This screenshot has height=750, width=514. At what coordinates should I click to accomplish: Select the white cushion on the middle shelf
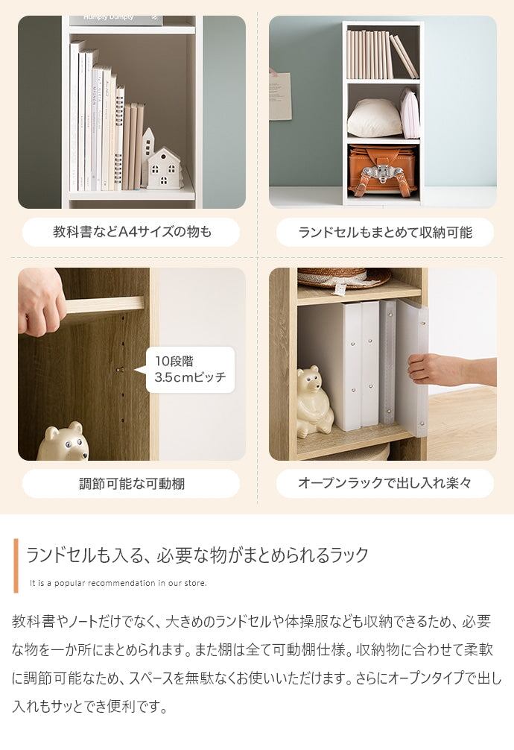click(375, 118)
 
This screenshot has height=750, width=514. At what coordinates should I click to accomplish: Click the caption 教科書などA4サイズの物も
click(132, 232)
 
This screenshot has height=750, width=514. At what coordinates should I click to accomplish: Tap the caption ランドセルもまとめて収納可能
click(385, 233)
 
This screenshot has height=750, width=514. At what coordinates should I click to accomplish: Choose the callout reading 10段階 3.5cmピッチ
click(190, 369)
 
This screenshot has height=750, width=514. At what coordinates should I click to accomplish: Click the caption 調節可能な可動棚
click(132, 484)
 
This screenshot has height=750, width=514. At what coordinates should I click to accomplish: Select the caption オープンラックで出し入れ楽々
click(385, 483)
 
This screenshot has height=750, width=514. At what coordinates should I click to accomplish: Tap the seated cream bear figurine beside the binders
click(314, 403)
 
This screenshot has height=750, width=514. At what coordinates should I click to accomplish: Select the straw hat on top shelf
click(343, 277)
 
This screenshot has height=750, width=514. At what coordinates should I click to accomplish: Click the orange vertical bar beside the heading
click(16, 565)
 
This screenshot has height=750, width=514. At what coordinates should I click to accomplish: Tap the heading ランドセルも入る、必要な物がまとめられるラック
click(197, 555)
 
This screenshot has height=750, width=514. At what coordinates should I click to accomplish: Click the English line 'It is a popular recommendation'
click(118, 583)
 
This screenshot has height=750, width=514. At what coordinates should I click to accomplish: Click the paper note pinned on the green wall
click(279, 95)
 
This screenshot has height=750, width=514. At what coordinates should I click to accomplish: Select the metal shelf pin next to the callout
click(121, 370)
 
